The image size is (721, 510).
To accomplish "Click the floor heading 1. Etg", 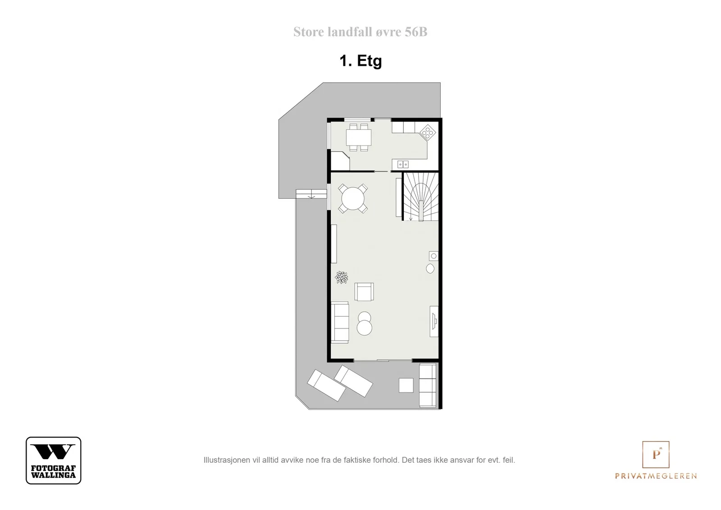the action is pos(360,61).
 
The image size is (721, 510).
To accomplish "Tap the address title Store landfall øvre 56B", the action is pos(360,32).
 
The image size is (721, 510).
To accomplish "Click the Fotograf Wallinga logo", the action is pos(54,460).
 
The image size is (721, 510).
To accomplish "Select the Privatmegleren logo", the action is pos(656,460).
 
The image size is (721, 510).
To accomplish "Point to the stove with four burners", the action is pos(428,132).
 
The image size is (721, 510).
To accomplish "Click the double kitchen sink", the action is pos(403,164).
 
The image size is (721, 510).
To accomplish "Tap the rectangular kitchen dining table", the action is pos(359,137).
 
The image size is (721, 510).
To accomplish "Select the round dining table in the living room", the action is pos(353,199).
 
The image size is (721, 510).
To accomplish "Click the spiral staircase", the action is pos(421,196).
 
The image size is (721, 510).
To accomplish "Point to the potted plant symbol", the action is pos(342,277).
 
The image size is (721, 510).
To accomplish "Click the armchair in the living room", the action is pos(364,292).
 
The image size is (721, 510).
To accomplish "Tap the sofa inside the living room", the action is pos(340,323).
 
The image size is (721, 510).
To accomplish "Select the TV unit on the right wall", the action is pos(434,321).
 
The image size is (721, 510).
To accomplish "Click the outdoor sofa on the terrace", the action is pos(428,385).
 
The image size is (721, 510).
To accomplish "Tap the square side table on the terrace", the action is pos(406,385).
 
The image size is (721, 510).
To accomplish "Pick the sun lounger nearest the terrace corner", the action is pos(326,386).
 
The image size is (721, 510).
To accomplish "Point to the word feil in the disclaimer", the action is pos(508,460).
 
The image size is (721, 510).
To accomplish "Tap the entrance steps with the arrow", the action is pos(311,194).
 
